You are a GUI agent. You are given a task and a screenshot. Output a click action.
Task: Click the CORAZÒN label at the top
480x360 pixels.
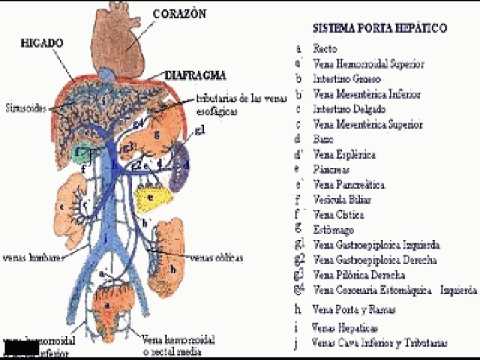click(179, 13)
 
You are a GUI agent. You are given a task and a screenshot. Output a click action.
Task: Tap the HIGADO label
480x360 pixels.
click(42, 43)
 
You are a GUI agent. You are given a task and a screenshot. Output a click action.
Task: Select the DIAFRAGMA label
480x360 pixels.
click(195, 75)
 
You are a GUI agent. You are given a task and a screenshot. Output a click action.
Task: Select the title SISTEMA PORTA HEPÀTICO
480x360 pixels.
click(380, 29)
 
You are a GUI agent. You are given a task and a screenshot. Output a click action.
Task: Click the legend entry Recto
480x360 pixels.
click(325, 49)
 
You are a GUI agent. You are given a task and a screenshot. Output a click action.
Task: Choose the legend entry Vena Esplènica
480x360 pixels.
click(344, 155)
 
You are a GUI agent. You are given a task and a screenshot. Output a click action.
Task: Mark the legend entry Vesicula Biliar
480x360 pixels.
click(342, 199)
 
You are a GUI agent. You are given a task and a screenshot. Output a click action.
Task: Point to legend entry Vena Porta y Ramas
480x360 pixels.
click(353, 309)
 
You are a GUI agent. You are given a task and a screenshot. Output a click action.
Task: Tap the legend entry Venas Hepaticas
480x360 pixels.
click(345, 327)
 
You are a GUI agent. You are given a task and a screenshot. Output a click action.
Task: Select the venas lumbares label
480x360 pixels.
click(33, 257)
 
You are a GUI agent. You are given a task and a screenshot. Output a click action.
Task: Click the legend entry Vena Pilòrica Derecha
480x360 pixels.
click(359, 275)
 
